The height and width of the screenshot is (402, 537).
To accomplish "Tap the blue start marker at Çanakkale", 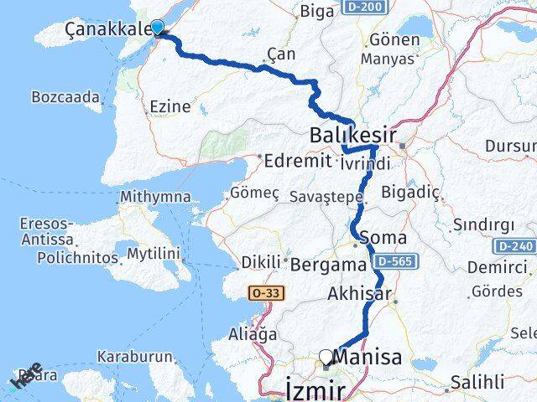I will (156, 27).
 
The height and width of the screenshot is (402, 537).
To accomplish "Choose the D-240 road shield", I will (514, 247).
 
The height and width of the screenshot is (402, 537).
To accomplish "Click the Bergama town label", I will (329, 265).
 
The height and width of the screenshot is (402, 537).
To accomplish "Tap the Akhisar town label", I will (360, 294).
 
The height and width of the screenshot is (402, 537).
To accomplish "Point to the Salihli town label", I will (477, 382).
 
